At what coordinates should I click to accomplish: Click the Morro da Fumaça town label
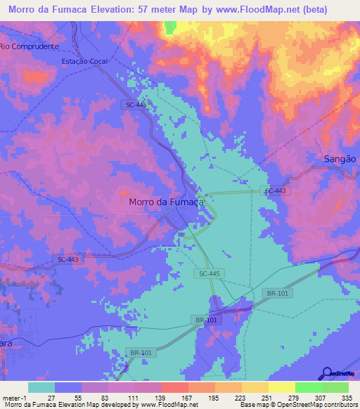(x=166, y=202)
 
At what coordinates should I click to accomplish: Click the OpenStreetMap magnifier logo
(x=326, y=373)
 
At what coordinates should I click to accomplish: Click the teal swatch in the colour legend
(x=41, y=387)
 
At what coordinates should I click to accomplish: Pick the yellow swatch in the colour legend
(x=281, y=387)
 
